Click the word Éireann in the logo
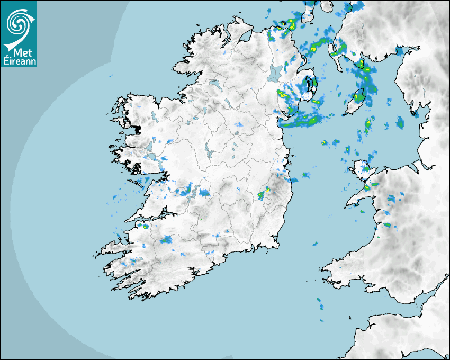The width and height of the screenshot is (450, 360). click(20, 61)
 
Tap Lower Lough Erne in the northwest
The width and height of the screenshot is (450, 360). click(214, 84)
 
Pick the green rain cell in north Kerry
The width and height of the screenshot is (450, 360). click(144, 226)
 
